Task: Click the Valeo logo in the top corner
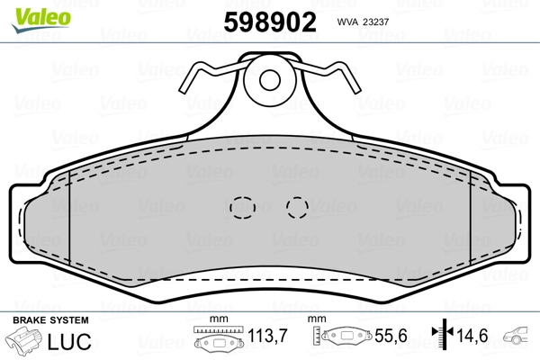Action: tap(41, 21)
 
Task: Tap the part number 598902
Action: tap(270, 22)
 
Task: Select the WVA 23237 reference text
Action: tap(363, 22)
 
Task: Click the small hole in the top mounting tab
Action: tap(270, 80)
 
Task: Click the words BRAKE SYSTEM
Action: tap(50, 320)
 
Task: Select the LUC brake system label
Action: tap(69, 341)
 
